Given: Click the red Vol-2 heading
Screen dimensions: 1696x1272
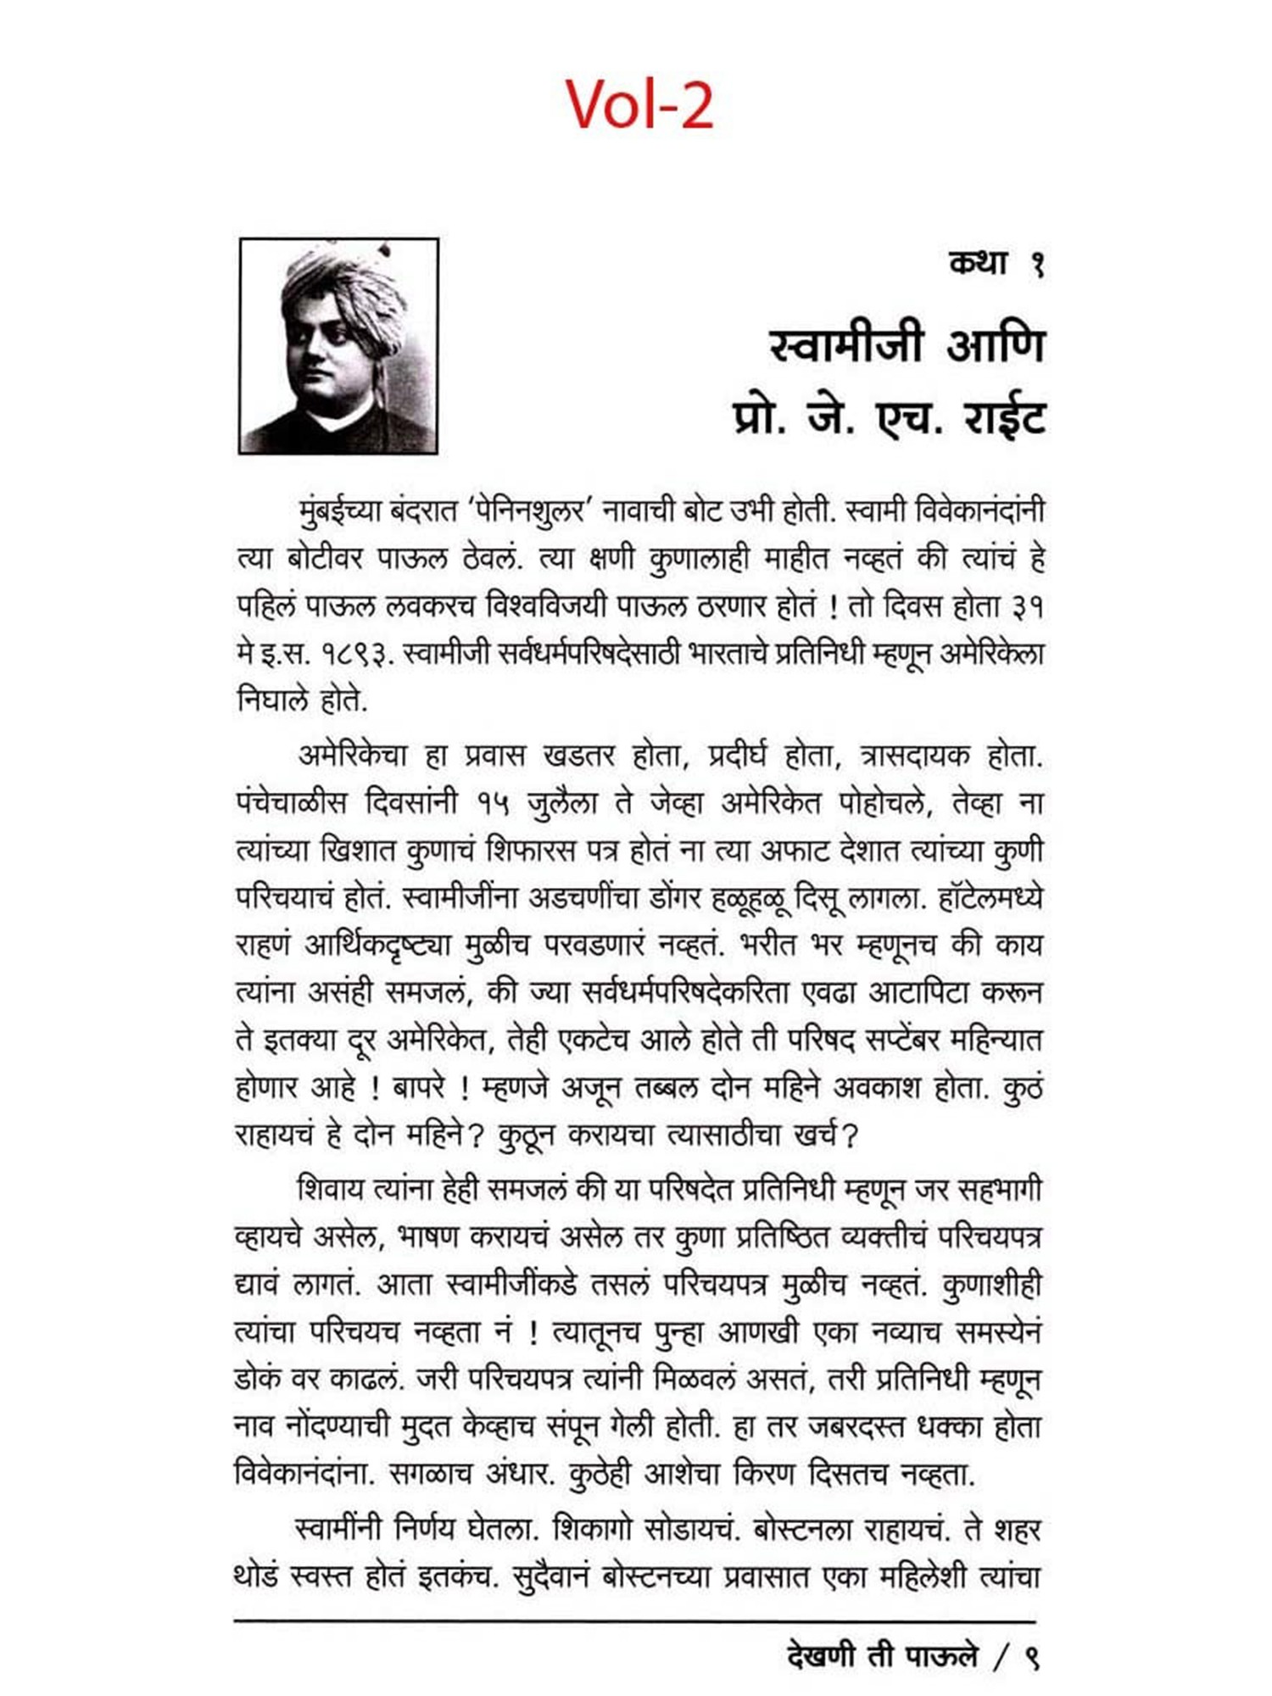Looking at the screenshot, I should tap(639, 104).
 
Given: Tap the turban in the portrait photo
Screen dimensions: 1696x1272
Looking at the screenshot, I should tap(339, 280).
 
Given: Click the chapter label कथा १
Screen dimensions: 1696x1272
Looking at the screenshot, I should tap(996, 264).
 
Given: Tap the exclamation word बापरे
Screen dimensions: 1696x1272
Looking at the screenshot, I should tap(419, 1087).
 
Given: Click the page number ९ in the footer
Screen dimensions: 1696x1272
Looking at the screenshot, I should tap(1031, 1656).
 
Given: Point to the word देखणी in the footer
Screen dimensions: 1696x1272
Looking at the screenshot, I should tap(821, 1656).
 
